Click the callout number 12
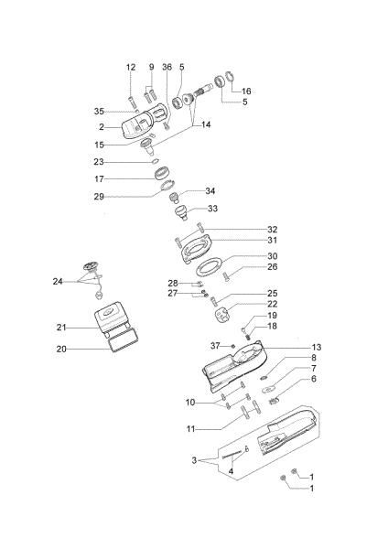tap(131, 67)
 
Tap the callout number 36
tap(167, 67)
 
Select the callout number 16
tap(246, 91)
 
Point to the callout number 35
tap(125, 111)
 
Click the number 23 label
tap(124, 161)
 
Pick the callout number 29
tap(124, 196)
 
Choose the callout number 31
tap(246, 241)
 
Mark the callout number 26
tap(246, 267)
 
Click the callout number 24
tap(59, 281)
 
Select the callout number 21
tap(62, 327)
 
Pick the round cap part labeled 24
tap(89, 267)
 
